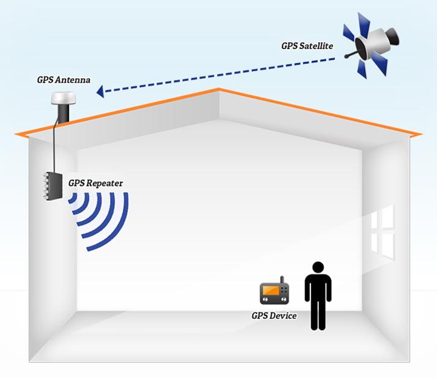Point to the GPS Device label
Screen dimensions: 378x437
(274, 316)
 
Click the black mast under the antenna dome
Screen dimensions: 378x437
(63, 114)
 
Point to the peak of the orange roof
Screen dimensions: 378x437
(219, 91)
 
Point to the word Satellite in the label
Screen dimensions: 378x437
(320, 46)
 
